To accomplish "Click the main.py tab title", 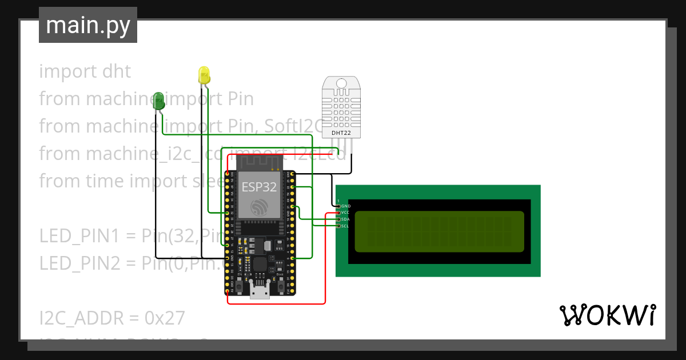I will coord(88,25).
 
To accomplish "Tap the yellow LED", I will coord(204,75).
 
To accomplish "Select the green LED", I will coord(159,101).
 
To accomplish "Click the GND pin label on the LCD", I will coord(346,206).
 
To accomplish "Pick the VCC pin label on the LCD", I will coord(345,213).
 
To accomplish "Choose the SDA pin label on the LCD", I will coord(345,219).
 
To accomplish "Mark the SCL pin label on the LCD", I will coord(345,226).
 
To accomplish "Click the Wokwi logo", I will coord(607,315).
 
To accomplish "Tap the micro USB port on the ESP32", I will coord(260,293).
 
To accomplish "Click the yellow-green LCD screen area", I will coord(439,231).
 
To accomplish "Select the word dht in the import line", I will coord(117,71).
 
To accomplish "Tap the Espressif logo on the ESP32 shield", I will coord(261,208).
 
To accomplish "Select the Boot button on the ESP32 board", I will coord(280,285).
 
